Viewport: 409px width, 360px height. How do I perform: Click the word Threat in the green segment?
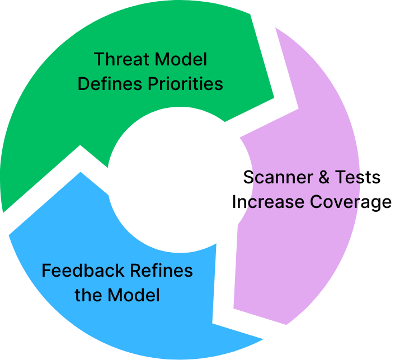pyautogui.click(x=118, y=59)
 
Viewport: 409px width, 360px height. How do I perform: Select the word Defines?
pyautogui.click(x=110, y=84)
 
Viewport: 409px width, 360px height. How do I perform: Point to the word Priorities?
pyautogui.click(x=186, y=84)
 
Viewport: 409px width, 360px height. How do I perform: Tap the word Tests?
pyautogui.click(x=358, y=177)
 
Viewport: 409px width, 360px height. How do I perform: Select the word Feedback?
pyautogui.click(x=83, y=271)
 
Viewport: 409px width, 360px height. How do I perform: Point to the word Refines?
pyautogui.click(x=162, y=271)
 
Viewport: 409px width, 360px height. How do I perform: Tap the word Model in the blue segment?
pyautogui.click(x=134, y=295)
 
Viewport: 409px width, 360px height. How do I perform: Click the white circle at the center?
pyautogui.click(x=174, y=179)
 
